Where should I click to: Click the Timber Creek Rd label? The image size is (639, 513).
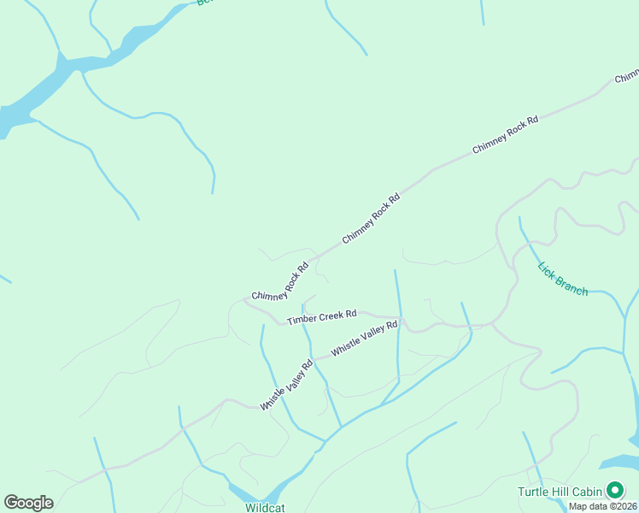(321, 317)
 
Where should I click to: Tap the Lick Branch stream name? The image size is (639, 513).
(562, 279)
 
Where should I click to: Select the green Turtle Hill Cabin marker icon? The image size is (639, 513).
(614, 491)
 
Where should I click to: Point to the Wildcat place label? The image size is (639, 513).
(265, 507)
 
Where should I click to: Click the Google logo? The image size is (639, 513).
(28, 503)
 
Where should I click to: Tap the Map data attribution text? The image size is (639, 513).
(601, 506)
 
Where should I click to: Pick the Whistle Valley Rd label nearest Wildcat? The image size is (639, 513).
(287, 385)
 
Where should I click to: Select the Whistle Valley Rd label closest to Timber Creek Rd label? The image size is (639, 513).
(365, 339)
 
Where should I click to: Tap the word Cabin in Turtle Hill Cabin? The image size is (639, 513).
(586, 492)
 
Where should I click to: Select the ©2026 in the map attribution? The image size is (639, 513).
(621, 506)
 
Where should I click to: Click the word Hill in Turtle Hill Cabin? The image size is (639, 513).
(560, 492)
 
